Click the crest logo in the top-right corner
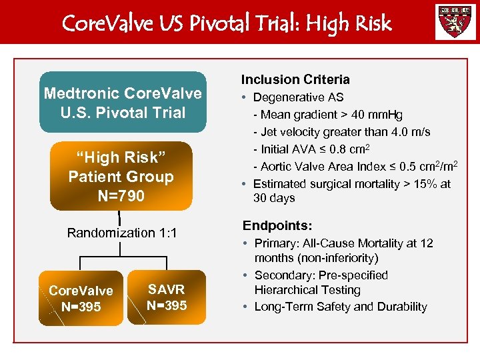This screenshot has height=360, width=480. pyautogui.click(x=455, y=22)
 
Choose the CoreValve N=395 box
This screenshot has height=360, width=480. pyautogui.click(x=81, y=299)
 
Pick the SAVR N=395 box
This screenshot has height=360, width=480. pyautogui.click(x=167, y=297)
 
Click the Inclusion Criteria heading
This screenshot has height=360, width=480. pyautogui.click(x=295, y=79)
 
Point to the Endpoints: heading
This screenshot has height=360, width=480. pyautogui.click(x=277, y=226)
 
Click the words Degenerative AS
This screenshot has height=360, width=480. pyautogui.click(x=298, y=97)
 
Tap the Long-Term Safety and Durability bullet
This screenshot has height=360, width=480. pyautogui.click(x=340, y=307)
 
